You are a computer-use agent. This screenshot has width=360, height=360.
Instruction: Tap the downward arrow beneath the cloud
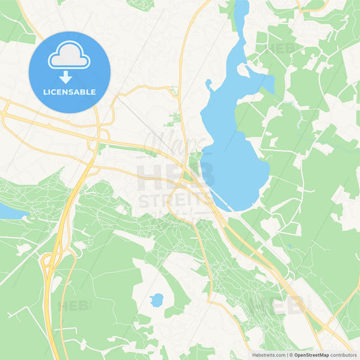(x=69, y=76)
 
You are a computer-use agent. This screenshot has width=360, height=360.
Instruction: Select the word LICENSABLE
(x=69, y=91)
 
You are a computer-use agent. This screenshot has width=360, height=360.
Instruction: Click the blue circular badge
(x=69, y=72)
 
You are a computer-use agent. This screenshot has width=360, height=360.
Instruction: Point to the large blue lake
(x=233, y=149)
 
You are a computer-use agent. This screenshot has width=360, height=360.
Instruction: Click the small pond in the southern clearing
(x=157, y=300)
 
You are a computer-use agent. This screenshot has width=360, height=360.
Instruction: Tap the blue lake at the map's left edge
(x=8, y=211)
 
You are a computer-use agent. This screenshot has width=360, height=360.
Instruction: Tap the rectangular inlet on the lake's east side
(x=266, y=84)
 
